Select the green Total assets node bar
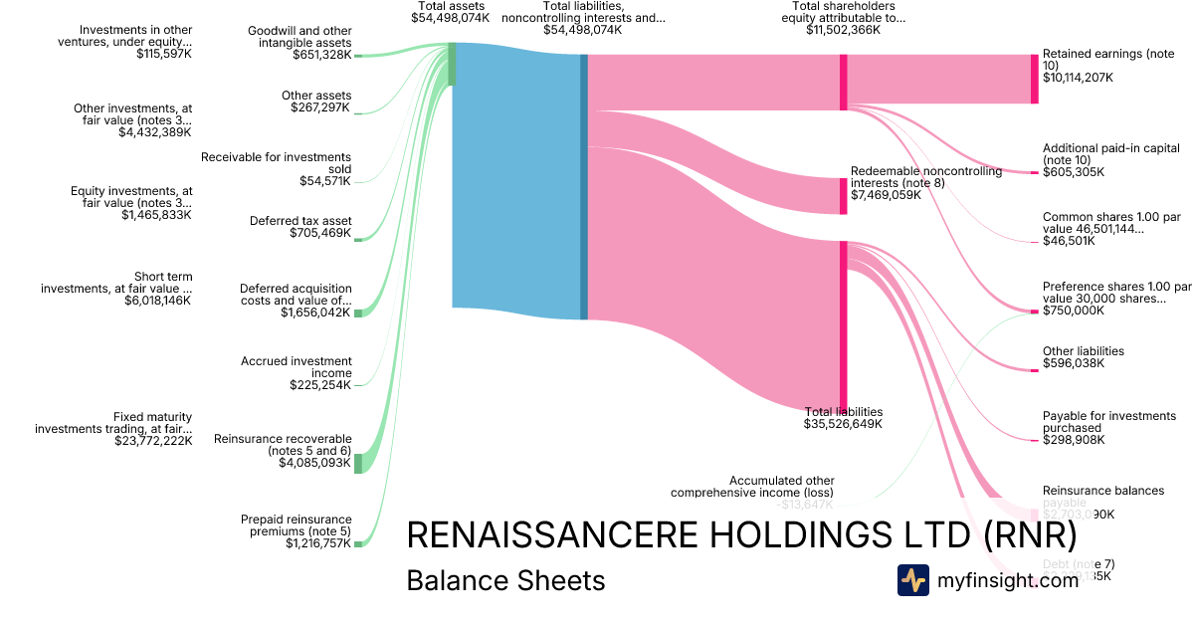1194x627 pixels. coord(452,64)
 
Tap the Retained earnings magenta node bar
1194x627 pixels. coord(1034,79)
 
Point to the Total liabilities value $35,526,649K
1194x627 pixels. coord(843,424)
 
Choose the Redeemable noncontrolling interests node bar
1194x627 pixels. coord(843,196)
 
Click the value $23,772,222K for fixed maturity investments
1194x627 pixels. coord(153,441)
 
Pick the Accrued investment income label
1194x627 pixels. coord(297,367)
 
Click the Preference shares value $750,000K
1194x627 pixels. coord(1074,311)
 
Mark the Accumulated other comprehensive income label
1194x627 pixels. coord(751,486)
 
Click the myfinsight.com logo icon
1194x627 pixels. coord(912,580)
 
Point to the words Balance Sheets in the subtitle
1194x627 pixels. coord(505,580)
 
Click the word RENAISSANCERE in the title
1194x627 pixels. coord(551,535)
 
